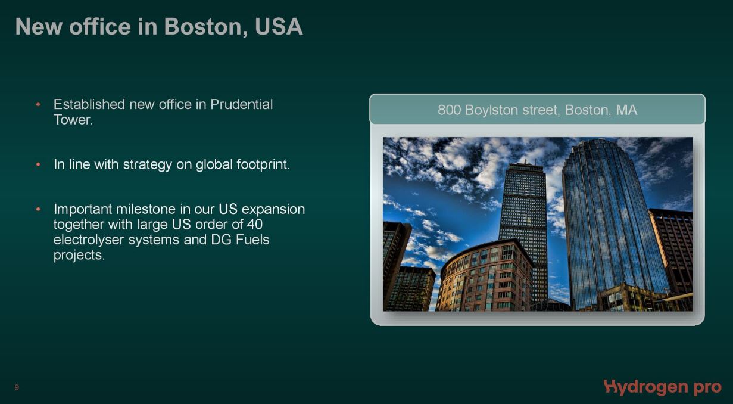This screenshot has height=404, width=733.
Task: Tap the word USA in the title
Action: click(279, 27)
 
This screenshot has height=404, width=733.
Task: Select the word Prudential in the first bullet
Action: click(241, 104)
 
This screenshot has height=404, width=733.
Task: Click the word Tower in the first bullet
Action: click(73, 120)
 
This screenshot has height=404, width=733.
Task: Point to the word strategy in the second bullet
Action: click(147, 165)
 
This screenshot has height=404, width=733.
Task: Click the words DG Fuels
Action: click(240, 240)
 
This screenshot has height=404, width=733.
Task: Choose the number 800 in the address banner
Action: click(449, 110)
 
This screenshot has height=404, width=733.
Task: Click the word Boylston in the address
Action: click(492, 111)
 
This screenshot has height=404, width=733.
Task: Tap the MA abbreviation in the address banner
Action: click(626, 110)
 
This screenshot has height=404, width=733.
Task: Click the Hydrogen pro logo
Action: click(662, 388)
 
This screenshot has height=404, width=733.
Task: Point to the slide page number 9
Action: click(17, 388)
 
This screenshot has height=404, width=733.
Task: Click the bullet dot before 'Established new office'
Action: click(38, 105)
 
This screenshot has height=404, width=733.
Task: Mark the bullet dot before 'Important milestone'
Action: click(38, 209)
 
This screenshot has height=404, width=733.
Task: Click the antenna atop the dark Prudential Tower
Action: click(526, 161)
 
